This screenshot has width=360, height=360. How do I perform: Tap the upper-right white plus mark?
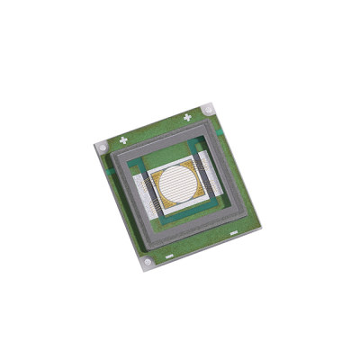(x=188, y=116)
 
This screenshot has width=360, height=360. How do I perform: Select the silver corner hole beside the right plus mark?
(x=209, y=109)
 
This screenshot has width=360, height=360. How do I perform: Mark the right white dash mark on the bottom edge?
(x=232, y=232)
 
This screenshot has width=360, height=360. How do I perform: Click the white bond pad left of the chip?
(x=144, y=194)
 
